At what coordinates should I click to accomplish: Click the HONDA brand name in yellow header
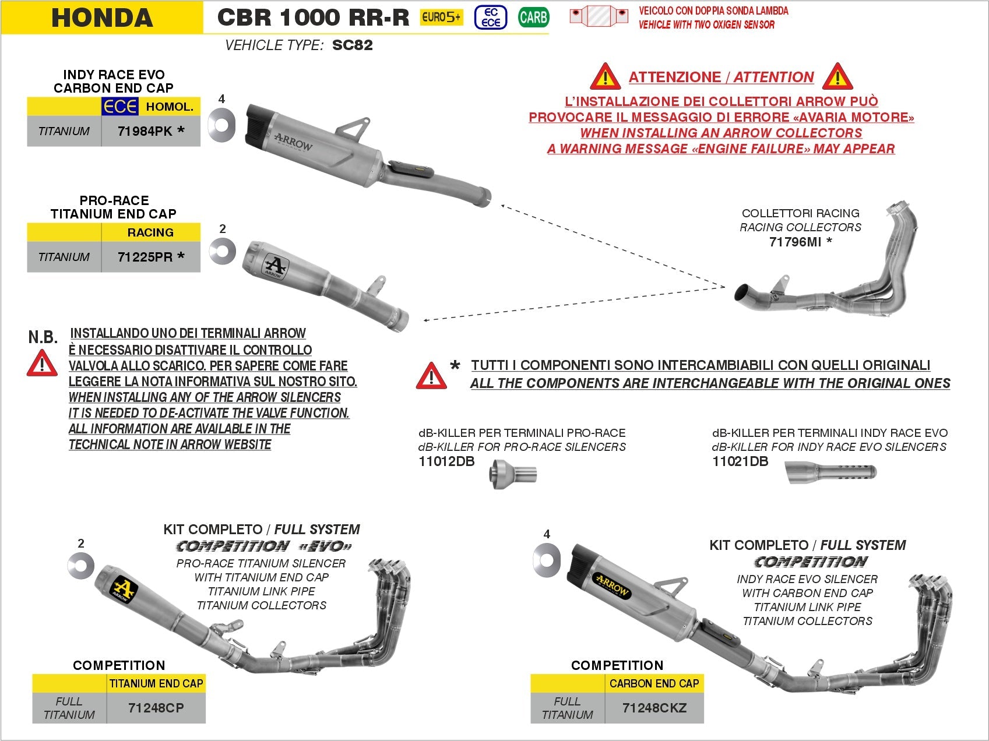pos(102,17)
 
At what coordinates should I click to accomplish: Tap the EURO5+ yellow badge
pos(441,17)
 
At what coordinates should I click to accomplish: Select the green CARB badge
pos(533,17)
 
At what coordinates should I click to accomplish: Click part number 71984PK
pos(150,132)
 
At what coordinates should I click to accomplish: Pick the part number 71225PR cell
pos(150,257)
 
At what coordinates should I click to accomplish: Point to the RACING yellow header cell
pos(150,232)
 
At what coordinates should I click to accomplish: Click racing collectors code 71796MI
pos(796,242)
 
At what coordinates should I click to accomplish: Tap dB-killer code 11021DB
pos(740,462)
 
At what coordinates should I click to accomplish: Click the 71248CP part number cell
pos(156,708)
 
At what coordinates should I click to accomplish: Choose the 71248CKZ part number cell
pos(654,708)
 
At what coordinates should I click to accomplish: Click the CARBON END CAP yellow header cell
pos(654,683)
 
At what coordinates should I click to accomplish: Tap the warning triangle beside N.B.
pos(42,364)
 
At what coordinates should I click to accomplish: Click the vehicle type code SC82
pos(352,45)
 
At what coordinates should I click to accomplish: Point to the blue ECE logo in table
pos(120,107)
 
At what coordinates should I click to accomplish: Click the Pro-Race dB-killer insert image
pos(513,473)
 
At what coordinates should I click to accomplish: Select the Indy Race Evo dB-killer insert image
pos(830,472)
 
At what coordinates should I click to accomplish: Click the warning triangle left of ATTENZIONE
pos(604,77)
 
